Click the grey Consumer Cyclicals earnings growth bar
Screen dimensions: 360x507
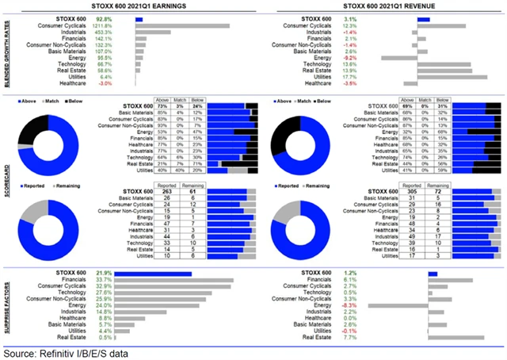[183, 26]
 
